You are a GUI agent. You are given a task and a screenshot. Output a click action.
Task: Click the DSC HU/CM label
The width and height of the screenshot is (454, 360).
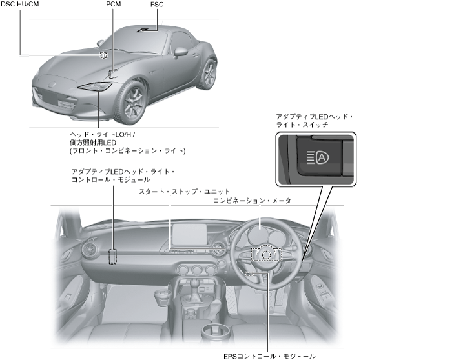click(20, 5)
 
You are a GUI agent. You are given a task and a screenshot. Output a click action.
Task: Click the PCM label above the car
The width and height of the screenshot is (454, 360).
click(114, 5)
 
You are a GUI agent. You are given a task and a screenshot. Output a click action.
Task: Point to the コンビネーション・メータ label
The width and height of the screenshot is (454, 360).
click(252, 201)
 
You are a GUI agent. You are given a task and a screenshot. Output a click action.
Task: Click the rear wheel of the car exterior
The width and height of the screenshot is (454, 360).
click(208, 74)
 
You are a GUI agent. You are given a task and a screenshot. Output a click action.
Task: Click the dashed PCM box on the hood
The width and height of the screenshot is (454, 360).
click(114, 73)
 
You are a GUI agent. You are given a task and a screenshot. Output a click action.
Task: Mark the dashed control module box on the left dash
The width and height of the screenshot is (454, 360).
click(114, 257)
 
